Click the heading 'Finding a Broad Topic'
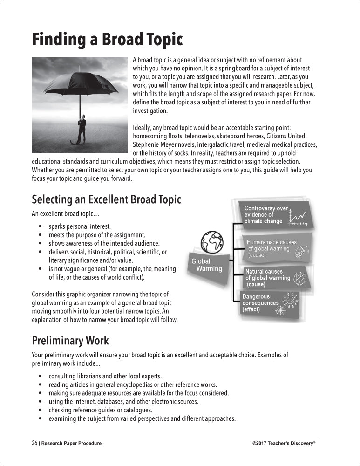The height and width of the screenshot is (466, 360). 107,39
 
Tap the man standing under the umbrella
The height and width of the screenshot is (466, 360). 82,129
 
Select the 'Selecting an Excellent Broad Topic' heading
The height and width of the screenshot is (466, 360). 106,200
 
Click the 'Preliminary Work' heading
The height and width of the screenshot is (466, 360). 70,341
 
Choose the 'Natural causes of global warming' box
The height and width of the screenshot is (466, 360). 275,278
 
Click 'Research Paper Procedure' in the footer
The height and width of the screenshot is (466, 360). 71,443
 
